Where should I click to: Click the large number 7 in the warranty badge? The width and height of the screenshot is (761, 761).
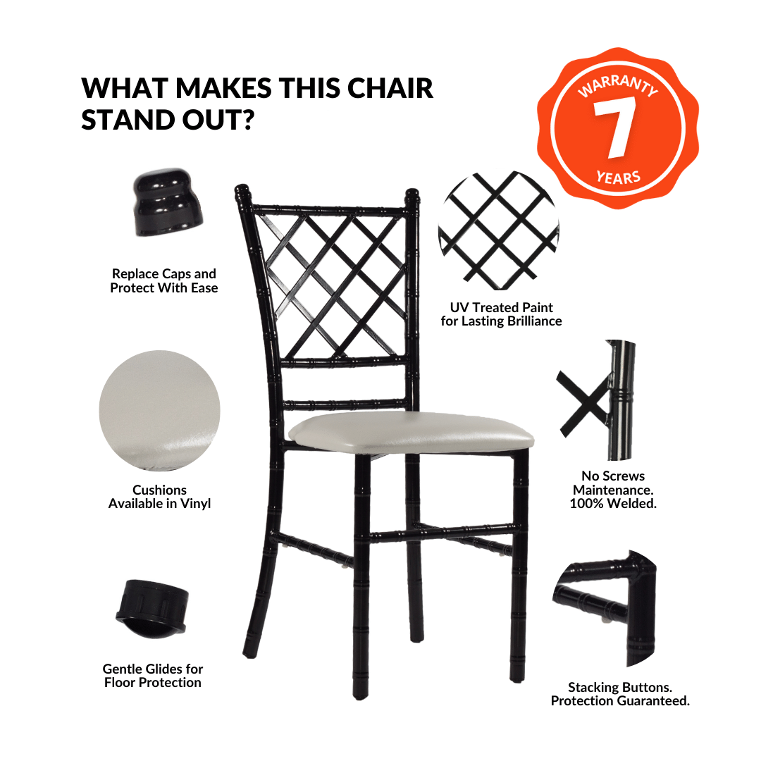click(x=615, y=127)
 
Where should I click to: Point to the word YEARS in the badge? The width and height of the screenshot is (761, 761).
click(x=619, y=177)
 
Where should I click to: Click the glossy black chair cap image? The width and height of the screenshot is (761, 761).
click(x=168, y=202)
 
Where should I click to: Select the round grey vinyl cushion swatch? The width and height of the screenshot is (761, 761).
click(x=159, y=411)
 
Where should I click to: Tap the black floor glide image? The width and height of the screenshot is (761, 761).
click(x=152, y=609)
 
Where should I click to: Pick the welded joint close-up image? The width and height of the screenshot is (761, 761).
click(x=597, y=400)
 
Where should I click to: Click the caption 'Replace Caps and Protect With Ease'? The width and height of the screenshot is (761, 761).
click(x=164, y=280)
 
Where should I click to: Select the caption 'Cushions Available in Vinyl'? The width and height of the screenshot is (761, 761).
click(x=159, y=497)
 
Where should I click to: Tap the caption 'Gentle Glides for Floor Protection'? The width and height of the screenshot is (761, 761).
click(x=152, y=676)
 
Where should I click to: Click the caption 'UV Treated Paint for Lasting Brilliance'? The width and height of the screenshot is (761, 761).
click(x=502, y=314)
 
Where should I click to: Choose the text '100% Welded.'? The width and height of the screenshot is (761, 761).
click(x=613, y=503)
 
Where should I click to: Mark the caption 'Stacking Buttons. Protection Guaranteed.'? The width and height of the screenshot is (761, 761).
click(x=620, y=694)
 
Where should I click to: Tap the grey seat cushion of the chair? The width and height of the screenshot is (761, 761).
click(x=411, y=432)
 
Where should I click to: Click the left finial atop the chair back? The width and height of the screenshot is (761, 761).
click(x=242, y=194)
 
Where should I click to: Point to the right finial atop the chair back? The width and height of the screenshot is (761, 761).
click(x=412, y=197)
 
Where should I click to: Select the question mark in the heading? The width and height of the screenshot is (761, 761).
click(x=247, y=120)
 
